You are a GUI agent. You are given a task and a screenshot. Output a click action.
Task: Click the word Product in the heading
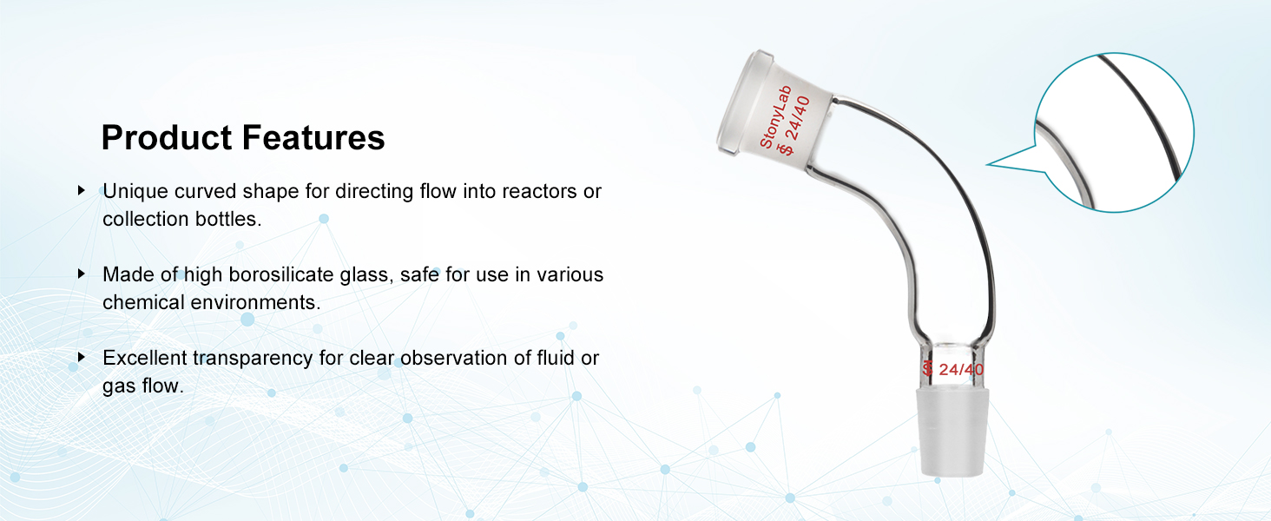click(x=167, y=137)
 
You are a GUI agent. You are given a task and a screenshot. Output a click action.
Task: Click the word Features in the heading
click(x=313, y=137)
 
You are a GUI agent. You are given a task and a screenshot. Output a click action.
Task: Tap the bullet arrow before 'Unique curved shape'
click(x=82, y=190)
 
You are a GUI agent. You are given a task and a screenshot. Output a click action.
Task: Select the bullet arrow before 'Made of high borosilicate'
click(x=82, y=274)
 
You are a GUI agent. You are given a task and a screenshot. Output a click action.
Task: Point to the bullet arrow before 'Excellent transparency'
click(x=82, y=357)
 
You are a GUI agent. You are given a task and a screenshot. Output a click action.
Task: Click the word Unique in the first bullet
click(x=135, y=192)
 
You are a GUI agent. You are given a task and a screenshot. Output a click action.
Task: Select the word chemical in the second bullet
click(x=144, y=302)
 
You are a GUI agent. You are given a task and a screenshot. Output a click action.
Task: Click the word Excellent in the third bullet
click(x=145, y=358)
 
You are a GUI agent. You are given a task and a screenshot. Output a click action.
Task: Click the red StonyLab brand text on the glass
click(x=775, y=117)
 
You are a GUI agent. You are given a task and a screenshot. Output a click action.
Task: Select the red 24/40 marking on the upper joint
click(x=798, y=119)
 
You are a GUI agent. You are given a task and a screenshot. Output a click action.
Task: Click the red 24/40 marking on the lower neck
click(x=961, y=369)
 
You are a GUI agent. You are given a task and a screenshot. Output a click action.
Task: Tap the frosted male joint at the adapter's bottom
click(x=953, y=432)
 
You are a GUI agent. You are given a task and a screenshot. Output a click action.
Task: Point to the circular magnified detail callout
click(x=1115, y=132)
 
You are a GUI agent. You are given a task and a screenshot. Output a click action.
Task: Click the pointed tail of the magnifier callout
click(x=989, y=164)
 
